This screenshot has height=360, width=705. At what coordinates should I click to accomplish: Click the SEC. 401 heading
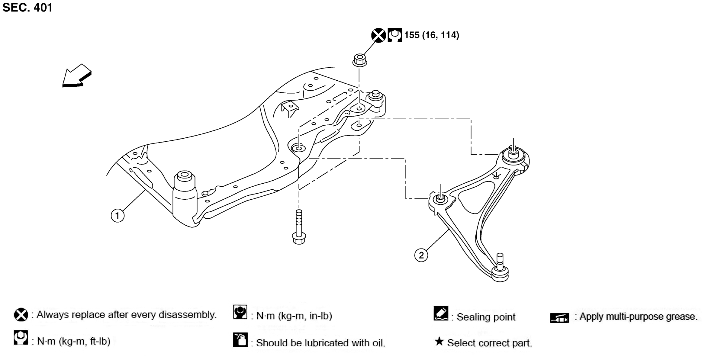click(27, 8)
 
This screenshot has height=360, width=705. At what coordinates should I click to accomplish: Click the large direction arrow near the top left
click(76, 76)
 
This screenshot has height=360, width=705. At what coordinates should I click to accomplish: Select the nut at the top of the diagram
click(359, 60)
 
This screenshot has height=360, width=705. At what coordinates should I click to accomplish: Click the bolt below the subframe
click(299, 227)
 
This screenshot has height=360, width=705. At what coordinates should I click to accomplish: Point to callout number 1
click(117, 216)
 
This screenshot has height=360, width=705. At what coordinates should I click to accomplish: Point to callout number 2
click(421, 255)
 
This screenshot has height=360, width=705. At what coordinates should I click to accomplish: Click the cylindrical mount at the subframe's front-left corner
click(185, 193)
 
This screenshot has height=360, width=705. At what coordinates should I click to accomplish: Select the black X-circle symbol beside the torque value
click(378, 35)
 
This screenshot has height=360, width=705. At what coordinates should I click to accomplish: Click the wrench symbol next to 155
click(395, 35)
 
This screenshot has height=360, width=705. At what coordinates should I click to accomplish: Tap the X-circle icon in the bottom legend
click(21, 315)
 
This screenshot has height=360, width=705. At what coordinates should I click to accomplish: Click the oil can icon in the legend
click(240, 340)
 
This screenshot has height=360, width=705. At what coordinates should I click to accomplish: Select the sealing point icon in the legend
click(441, 313)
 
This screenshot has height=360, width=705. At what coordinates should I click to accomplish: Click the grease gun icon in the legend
click(559, 318)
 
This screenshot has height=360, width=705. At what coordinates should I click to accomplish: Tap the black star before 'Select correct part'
click(439, 342)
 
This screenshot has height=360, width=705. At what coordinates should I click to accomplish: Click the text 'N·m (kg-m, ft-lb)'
click(74, 341)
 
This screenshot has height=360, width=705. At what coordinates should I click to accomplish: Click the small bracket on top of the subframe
click(289, 108)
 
